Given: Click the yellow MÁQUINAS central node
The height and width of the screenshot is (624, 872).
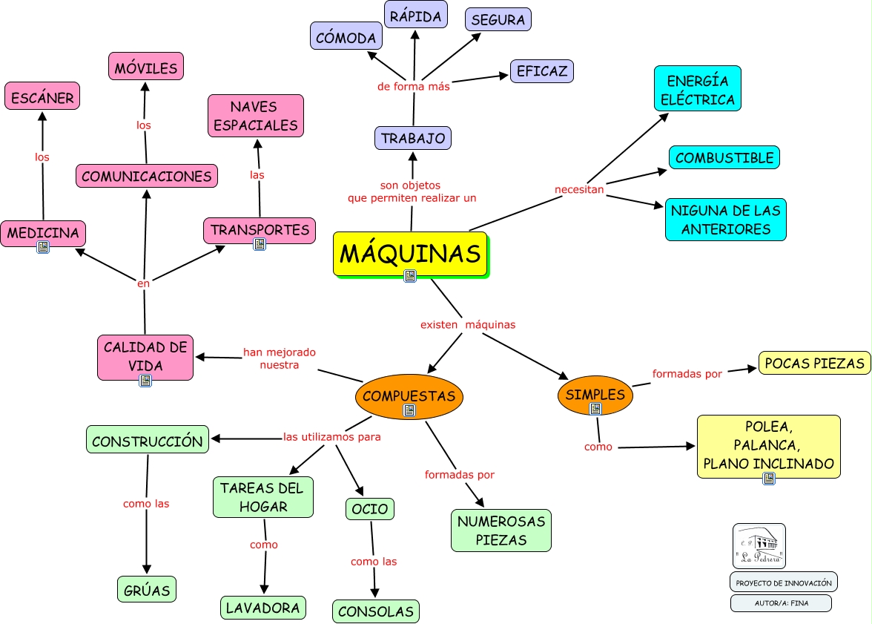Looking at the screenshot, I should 410,254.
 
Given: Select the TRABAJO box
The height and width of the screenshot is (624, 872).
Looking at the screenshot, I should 413,138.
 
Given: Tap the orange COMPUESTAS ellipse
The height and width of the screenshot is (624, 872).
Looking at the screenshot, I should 409,395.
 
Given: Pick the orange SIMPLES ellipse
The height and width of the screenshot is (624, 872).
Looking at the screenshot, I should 595,395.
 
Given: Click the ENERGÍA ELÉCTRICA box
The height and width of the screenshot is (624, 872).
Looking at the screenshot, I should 697,90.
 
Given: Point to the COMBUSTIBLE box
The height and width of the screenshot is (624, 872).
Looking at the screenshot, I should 724,157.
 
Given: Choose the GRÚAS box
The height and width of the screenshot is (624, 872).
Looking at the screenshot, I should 147,591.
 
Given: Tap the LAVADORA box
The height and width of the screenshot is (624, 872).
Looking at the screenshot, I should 263,608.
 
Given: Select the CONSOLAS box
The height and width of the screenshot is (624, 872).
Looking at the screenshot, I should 375,611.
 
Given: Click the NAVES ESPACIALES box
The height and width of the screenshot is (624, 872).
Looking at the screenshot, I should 256,116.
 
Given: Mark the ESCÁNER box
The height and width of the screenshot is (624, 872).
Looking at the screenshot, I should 42,97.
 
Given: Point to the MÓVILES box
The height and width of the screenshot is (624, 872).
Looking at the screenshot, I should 146,68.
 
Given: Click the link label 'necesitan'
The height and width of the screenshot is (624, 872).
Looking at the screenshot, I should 579,190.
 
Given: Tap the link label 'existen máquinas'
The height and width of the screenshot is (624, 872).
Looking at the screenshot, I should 467,324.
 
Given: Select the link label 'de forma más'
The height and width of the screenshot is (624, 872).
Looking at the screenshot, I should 413,86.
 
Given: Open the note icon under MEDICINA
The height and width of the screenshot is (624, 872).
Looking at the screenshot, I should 43,247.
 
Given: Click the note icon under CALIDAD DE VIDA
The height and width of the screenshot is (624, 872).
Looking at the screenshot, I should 145,380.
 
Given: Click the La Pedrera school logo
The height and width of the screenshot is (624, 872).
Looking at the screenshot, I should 759,546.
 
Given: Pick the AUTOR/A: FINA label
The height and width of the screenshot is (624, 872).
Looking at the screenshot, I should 781,603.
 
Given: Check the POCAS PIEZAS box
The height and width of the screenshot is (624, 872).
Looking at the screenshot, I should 814,363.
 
